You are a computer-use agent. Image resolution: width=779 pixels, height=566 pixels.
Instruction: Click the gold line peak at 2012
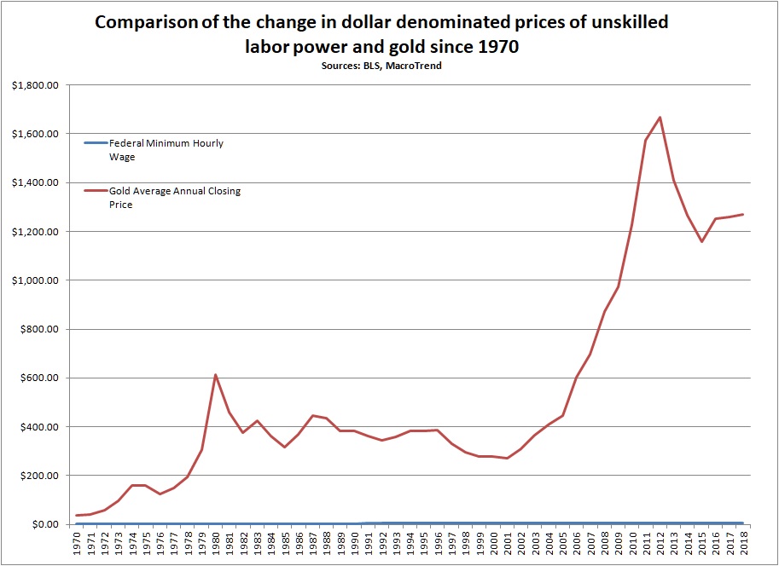[660, 118]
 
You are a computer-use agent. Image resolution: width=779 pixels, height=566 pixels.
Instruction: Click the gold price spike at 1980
[215, 375]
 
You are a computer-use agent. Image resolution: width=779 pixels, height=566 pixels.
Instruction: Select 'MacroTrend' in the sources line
[414, 66]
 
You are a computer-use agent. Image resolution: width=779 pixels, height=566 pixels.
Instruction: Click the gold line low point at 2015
[702, 241]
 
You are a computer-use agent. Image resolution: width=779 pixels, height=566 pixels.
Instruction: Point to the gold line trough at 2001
[508, 458]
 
